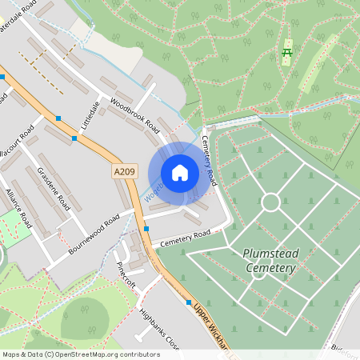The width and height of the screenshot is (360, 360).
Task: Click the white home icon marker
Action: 180,173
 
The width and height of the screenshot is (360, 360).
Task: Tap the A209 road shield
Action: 125,170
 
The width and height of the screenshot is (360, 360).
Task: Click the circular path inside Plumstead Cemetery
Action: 270,202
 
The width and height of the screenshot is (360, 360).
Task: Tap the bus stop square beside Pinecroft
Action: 146,229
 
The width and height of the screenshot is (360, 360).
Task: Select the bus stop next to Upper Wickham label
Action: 189,303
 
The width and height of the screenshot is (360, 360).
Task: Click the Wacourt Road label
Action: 17,144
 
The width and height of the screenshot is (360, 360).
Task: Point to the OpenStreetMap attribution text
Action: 81,354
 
